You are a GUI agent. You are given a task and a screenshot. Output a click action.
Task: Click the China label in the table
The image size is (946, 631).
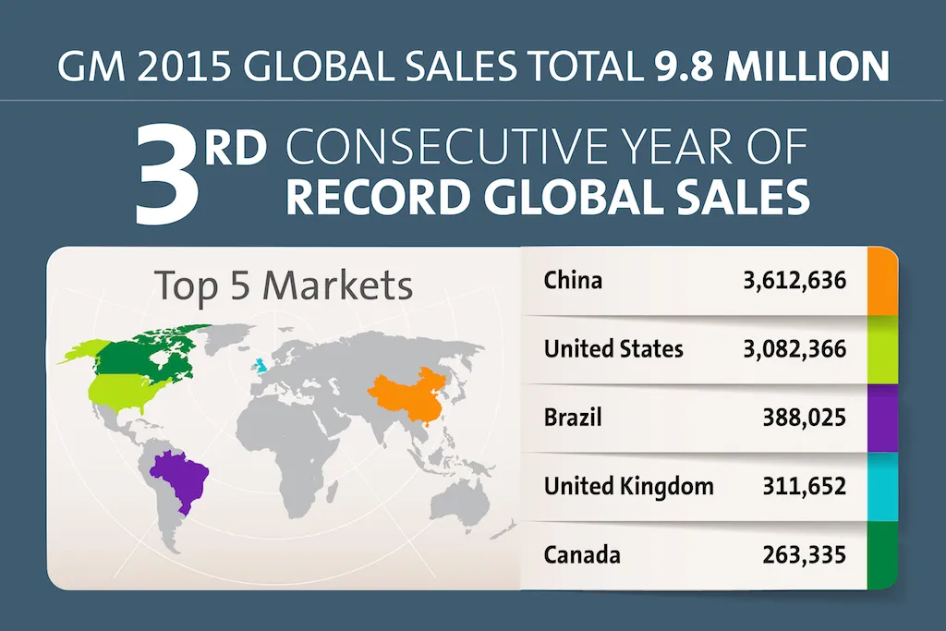click(573, 279)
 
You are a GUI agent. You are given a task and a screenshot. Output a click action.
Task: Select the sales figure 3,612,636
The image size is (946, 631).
click(794, 279)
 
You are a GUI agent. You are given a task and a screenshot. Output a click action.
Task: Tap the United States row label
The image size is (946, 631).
click(613, 348)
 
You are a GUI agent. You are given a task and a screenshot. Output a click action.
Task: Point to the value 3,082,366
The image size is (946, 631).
click(794, 348)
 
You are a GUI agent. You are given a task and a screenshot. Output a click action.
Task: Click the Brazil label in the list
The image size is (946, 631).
click(573, 418)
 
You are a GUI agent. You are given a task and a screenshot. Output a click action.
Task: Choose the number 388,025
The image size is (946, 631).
click(805, 418)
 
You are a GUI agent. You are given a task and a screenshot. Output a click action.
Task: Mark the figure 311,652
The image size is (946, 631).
click(805, 486)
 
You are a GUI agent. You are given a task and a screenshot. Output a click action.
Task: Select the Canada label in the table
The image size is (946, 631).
click(582, 555)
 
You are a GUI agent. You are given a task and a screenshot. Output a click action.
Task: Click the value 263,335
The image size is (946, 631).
click(805, 555)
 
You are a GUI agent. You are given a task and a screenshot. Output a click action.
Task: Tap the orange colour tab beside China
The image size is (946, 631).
click(883, 280)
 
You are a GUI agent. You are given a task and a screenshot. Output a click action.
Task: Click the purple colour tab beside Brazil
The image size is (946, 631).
click(883, 418)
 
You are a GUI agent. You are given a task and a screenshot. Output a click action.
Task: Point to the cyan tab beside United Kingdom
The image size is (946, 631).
click(883, 486)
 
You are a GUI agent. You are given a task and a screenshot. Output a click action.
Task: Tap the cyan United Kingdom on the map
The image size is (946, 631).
click(261, 366)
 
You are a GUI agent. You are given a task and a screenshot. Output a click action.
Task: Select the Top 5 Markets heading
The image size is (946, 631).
click(283, 285)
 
